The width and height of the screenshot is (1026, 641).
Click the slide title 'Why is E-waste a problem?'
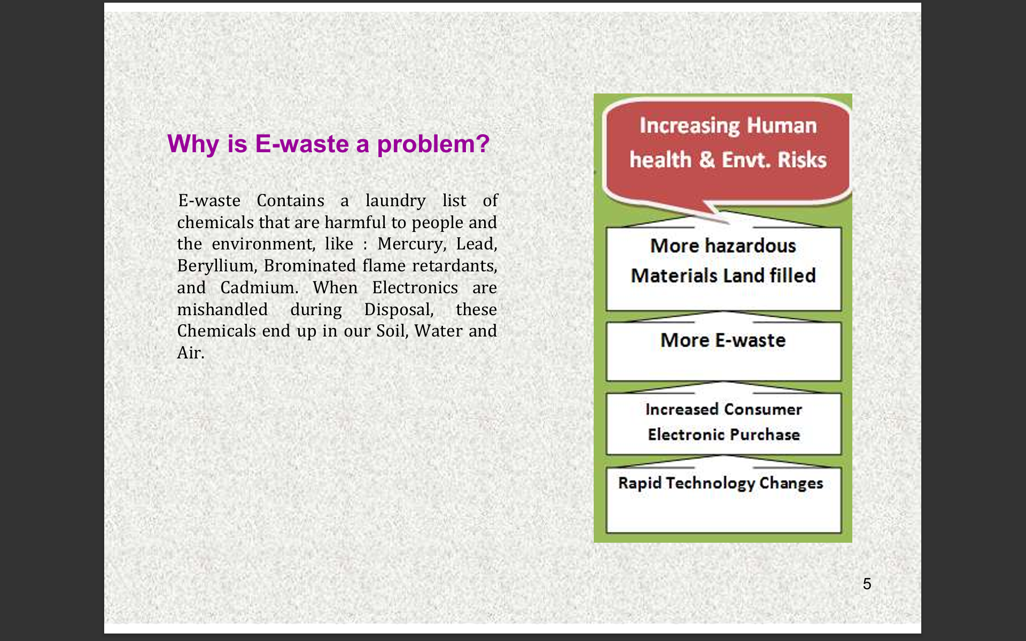coord(328,144)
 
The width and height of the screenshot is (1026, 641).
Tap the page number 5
coord(867,584)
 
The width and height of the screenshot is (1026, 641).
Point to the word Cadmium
coord(259,288)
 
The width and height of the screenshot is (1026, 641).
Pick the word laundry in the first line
coord(395,201)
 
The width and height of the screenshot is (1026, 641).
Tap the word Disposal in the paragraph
coord(399,310)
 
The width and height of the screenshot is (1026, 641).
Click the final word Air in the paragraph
coord(190,353)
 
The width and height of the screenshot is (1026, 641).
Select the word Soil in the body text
coord(392,331)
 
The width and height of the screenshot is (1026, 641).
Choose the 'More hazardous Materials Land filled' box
coord(724,268)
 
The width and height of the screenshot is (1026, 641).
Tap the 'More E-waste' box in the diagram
coord(724,351)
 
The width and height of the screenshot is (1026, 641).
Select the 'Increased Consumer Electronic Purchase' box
coord(724,424)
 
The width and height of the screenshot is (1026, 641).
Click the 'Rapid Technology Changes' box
coord(724,500)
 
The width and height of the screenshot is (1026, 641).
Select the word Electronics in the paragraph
coord(415,288)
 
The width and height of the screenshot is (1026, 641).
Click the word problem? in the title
coord(433,144)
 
